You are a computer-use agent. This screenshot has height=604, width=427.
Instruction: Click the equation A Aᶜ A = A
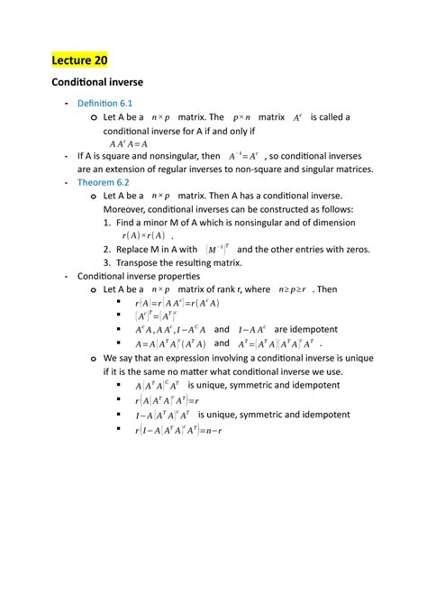tap(128, 142)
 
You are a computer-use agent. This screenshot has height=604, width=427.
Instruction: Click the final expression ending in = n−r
tap(178, 430)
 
